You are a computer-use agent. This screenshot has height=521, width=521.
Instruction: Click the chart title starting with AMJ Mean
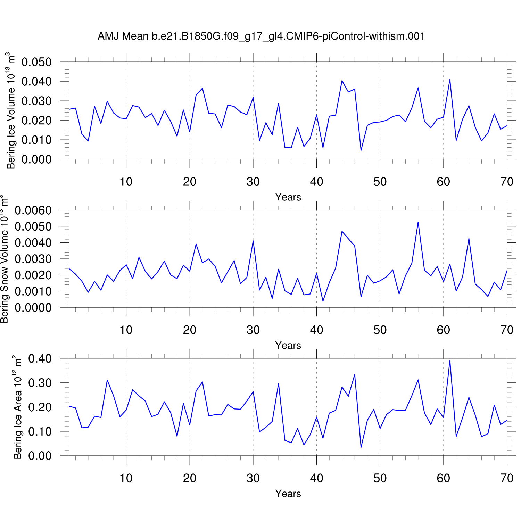tap(261, 36)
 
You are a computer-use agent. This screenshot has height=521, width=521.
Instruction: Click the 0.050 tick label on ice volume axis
tap(36, 63)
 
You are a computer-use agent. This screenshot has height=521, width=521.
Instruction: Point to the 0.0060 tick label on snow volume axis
tap(33, 210)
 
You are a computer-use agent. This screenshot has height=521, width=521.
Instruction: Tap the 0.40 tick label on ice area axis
tap(40, 359)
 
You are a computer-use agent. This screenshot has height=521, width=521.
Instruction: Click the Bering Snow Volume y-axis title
tap(5, 259)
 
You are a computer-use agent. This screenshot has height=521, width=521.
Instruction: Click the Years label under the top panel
tap(288, 197)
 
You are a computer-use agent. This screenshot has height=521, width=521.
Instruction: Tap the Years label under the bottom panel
tap(288, 494)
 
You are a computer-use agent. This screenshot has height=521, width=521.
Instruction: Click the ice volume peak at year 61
tap(450, 80)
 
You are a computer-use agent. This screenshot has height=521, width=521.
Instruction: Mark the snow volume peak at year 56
tap(418, 222)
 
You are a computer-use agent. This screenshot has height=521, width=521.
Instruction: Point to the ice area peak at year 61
tap(450, 360)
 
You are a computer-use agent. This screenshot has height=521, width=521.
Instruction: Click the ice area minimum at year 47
tap(361, 447)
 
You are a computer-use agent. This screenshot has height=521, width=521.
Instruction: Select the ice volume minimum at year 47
tap(361, 150)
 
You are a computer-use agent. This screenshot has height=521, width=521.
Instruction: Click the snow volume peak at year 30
tap(253, 241)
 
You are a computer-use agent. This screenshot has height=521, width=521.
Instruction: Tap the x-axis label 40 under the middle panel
tap(316, 330)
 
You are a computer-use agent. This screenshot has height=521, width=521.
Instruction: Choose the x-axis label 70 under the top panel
tap(507, 182)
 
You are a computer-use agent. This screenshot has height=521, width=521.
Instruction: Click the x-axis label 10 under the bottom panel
tap(126, 478)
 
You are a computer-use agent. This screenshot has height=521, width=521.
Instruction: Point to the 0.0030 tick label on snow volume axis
tap(33, 259)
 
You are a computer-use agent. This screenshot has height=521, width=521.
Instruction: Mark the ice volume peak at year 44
tap(342, 81)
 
